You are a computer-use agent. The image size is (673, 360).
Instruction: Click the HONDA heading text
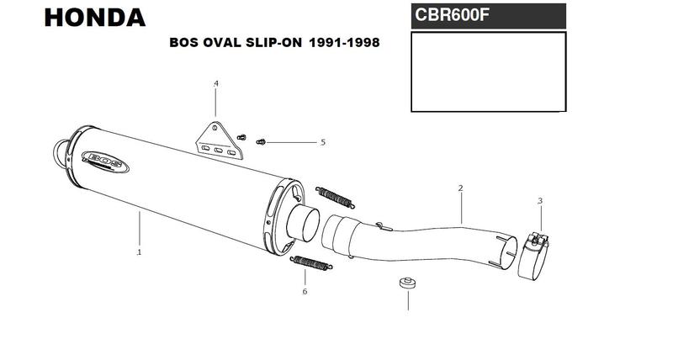[x=95, y=18]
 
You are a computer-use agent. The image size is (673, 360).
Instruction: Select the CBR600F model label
[x=452, y=15]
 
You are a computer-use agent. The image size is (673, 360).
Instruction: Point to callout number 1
[x=139, y=252]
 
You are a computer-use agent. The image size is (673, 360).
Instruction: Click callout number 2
[x=460, y=188]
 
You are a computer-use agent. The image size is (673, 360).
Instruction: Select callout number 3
[x=540, y=200]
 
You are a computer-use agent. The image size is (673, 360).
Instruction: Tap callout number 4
[x=216, y=83]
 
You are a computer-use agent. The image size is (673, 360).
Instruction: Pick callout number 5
[x=323, y=142]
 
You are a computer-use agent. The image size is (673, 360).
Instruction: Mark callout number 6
[x=305, y=291]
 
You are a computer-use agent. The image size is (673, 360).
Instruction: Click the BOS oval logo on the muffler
[x=105, y=161]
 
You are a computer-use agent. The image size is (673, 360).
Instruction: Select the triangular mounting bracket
[x=220, y=140]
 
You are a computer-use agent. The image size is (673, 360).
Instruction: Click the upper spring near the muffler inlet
[x=335, y=198]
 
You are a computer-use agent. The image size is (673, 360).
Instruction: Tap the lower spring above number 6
[x=311, y=263]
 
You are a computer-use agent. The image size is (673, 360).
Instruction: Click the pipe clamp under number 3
[x=533, y=257]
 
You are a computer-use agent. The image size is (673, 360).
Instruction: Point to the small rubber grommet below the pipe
[x=407, y=283]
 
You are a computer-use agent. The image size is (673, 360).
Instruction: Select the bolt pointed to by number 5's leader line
[x=261, y=142]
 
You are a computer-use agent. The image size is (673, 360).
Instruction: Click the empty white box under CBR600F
[x=489, y=71]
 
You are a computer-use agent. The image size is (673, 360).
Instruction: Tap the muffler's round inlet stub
[x=304, y=224]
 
